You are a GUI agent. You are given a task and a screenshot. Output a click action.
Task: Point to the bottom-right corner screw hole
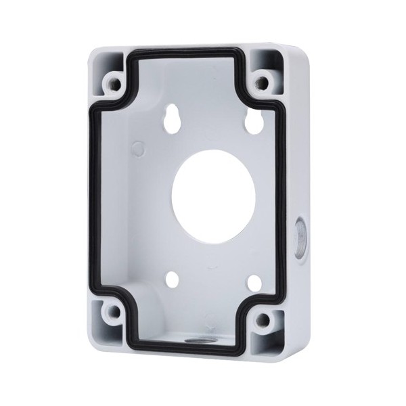pos(264,319)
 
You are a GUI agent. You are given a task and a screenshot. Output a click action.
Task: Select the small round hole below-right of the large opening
pos(254,283)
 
